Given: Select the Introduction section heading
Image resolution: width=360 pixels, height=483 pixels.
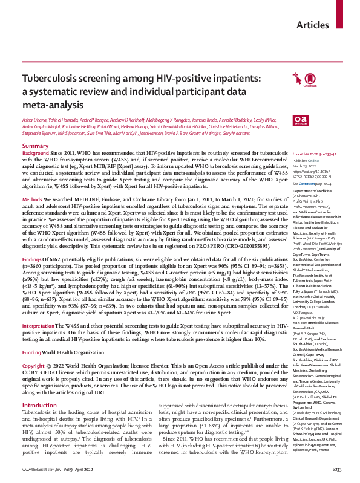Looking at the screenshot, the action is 39,387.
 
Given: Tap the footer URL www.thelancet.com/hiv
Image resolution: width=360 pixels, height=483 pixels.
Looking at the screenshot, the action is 42,469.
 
